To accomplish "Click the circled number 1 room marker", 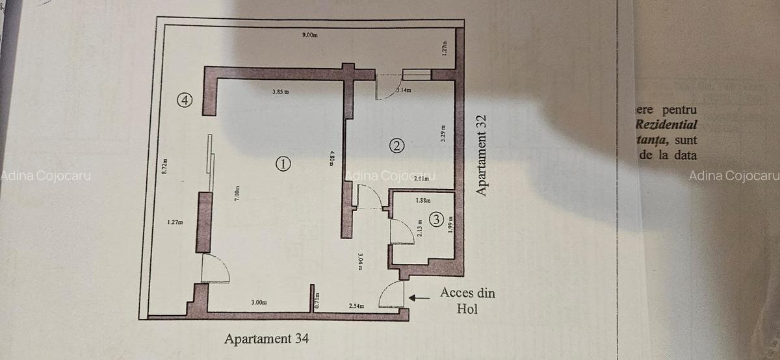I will pyautogui.click(x=283, y=164).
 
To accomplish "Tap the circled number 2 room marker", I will pyautogui.click(x=397, y=146).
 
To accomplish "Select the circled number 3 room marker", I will pyautogui.click(x=436, y=220).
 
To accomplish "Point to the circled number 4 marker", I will pyautogui.click(x=186, y=100).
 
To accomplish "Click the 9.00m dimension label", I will pyautogui.click(x=310, y=34).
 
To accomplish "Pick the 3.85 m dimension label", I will pyautogui.click(x=281, y=92).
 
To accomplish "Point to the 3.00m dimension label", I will pyautogui.click(x=259, y=302).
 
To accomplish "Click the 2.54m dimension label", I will pyautogui.click(x=356, y=305).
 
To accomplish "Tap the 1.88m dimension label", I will pyautogui.click(x=423, y=201).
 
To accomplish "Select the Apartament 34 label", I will pyautogui.click(x=266, y=339).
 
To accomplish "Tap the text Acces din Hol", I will pyautogui.click(x=467, y=301).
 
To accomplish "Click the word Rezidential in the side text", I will pyautogui.click(x=666, y=124).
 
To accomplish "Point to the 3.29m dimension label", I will pyautogui.click(x=443, y=133).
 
